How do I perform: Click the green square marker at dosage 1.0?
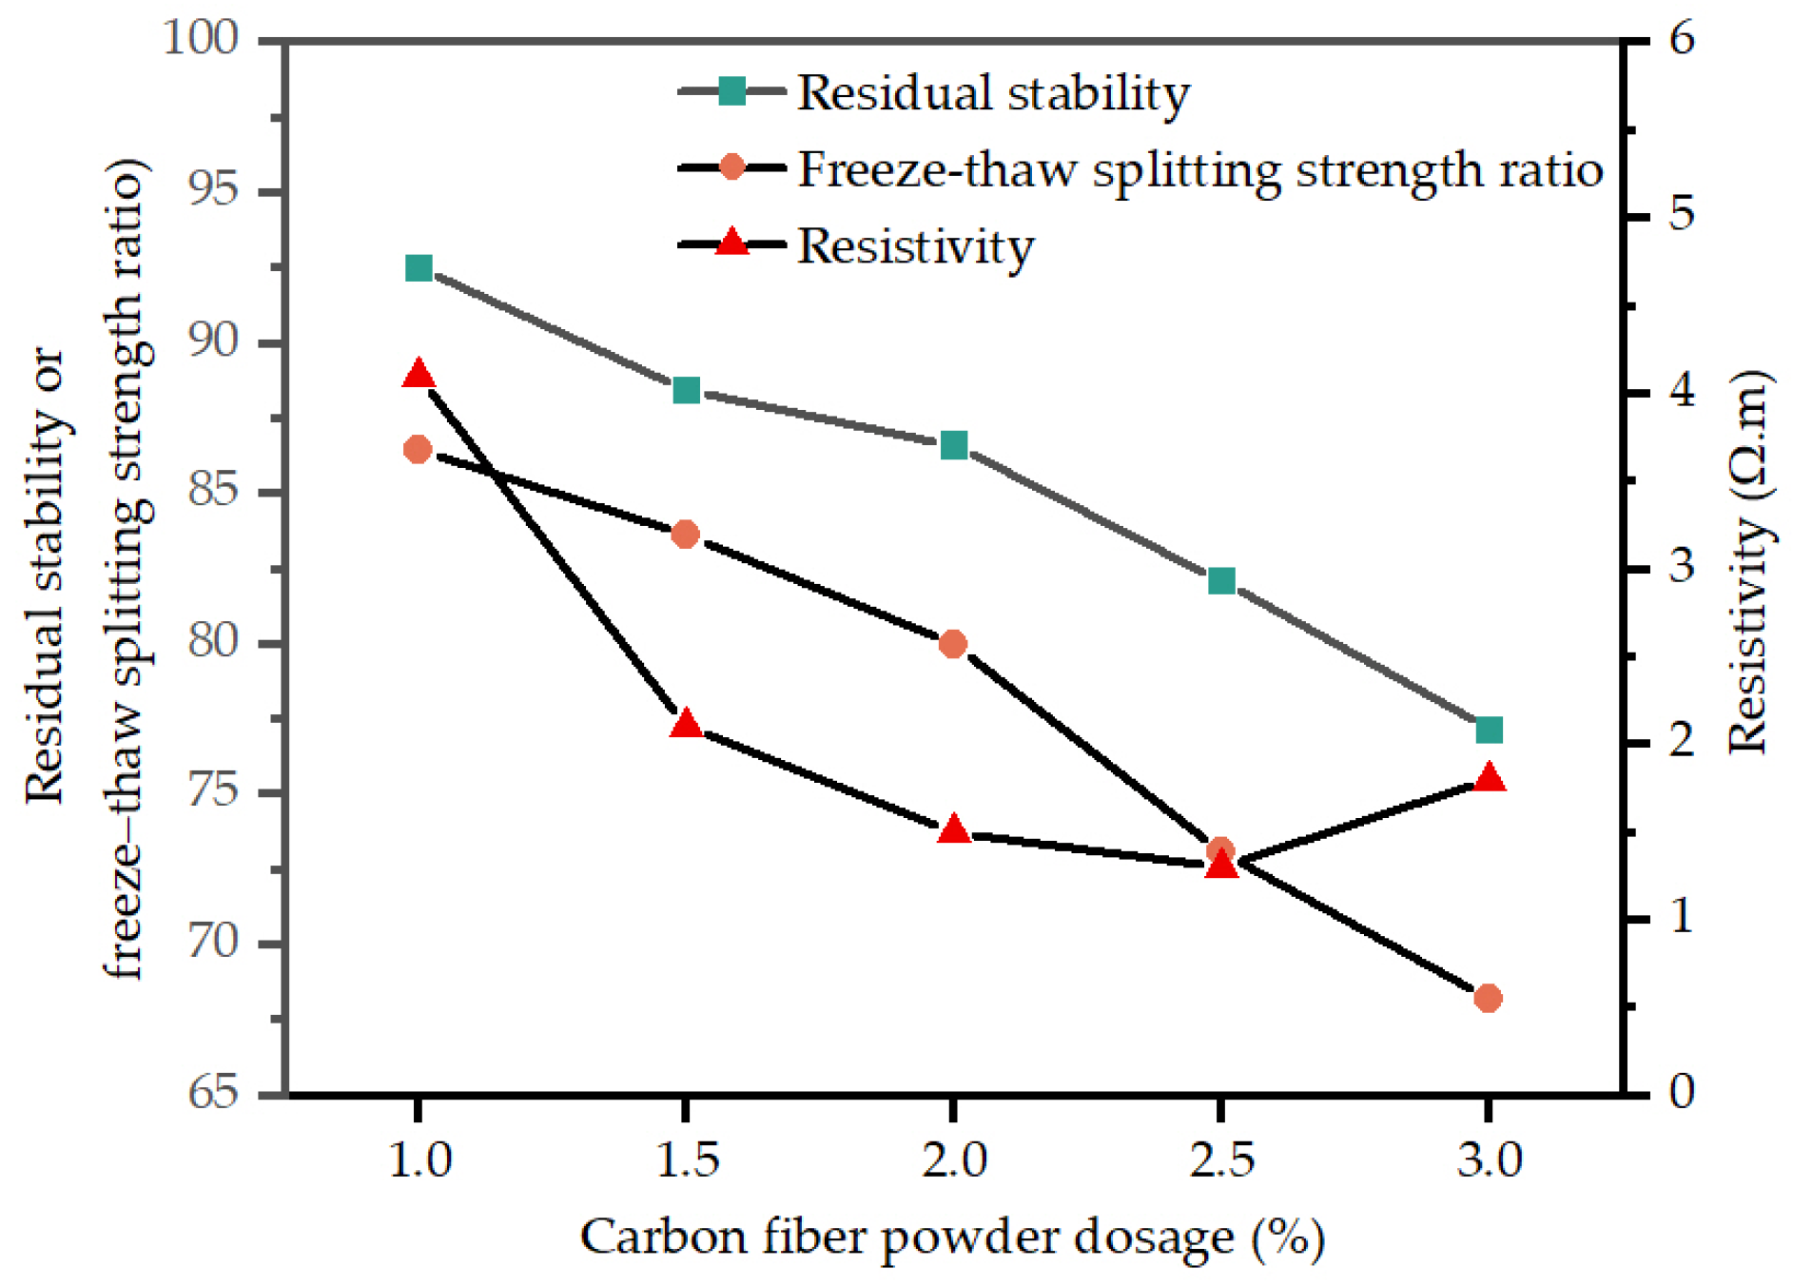coord(419,268)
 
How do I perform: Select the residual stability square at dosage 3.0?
coord(1489,731)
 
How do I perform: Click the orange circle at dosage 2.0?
coord(953,644)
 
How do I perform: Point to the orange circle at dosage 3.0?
coord(1489,998)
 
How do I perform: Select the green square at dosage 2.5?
coord(1221,580)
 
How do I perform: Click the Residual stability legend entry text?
coord(992,93)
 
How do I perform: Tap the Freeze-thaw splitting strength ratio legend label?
coord(1199,170)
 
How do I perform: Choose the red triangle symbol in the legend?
coord(731,244)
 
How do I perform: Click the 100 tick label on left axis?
coord(201,40)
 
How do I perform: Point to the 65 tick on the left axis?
coord(212,1093)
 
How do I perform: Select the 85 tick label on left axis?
coord(212,492)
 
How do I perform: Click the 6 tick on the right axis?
coord(1681,40)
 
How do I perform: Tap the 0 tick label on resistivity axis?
coord(1681,1093)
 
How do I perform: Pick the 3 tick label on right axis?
coord(1681,567)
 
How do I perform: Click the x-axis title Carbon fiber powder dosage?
coord(951,1237)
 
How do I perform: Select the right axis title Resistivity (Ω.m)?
coord(1748,561)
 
